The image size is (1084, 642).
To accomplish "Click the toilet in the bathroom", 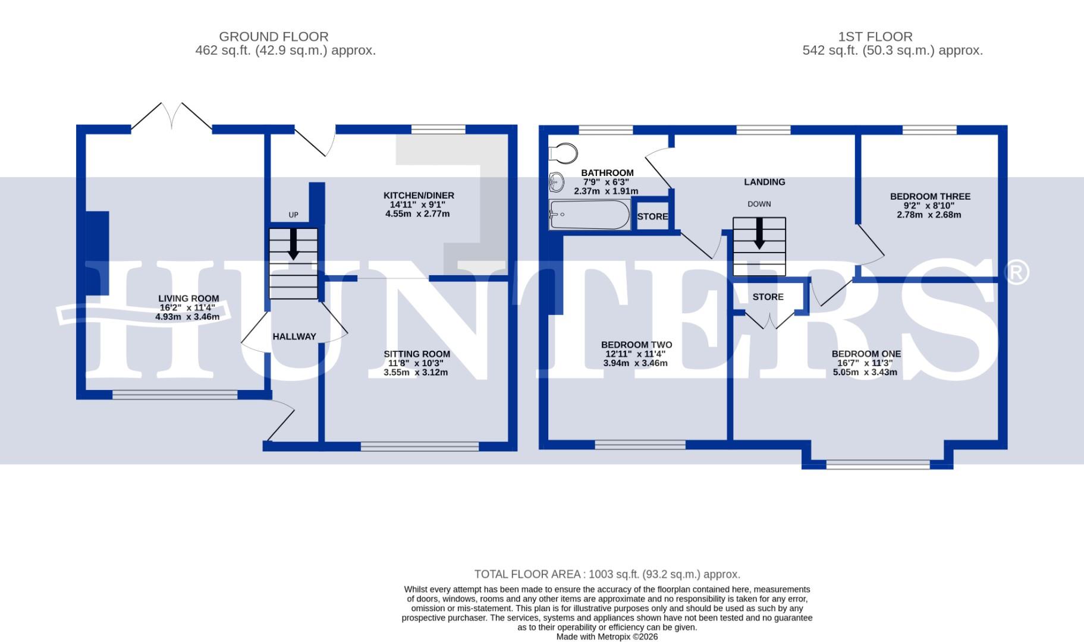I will pyautogui.click(x=563, y=153).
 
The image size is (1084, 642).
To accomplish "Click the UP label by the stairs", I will pyautogui.click(x=293, y=215).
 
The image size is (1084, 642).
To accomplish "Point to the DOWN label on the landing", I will pyautogui.click(x=759, y=204).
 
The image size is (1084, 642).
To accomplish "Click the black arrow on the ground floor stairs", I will pyautogui.click(x=293, y=244).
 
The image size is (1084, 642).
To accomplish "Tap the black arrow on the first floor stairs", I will pyautogui.click(x=759, y=234).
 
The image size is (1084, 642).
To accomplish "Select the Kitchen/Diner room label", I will pyautogui.click(x=419, y=196).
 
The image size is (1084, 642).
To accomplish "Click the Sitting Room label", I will pyautogui.click(x=417, y=354).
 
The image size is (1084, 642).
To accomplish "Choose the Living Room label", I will pyautogui.click(x=188, y=298).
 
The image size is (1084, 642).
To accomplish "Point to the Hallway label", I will pyautogui.click(x=294, y=336).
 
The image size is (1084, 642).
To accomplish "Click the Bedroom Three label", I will pyautogui.click(x=930, y=196).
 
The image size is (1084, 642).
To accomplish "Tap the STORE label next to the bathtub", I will pyautogui.click(x=652, y=216).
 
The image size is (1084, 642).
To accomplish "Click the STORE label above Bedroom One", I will pyautogui.click(x=768, y=297).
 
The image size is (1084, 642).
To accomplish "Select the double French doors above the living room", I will pyautogui.click(x=171, y=117).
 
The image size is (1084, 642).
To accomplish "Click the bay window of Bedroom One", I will pyautogui.click(x=878, y=464).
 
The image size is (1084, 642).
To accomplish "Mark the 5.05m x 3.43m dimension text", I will pyautogui.click(x=866, y=373).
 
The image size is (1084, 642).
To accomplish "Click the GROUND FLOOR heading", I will pyautogui.click(x=274, y=37).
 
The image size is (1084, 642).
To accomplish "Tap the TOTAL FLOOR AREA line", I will pyautogui.click(x=607, y=574).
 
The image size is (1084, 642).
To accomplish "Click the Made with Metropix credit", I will pyautogui.click(x=607, y=637).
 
